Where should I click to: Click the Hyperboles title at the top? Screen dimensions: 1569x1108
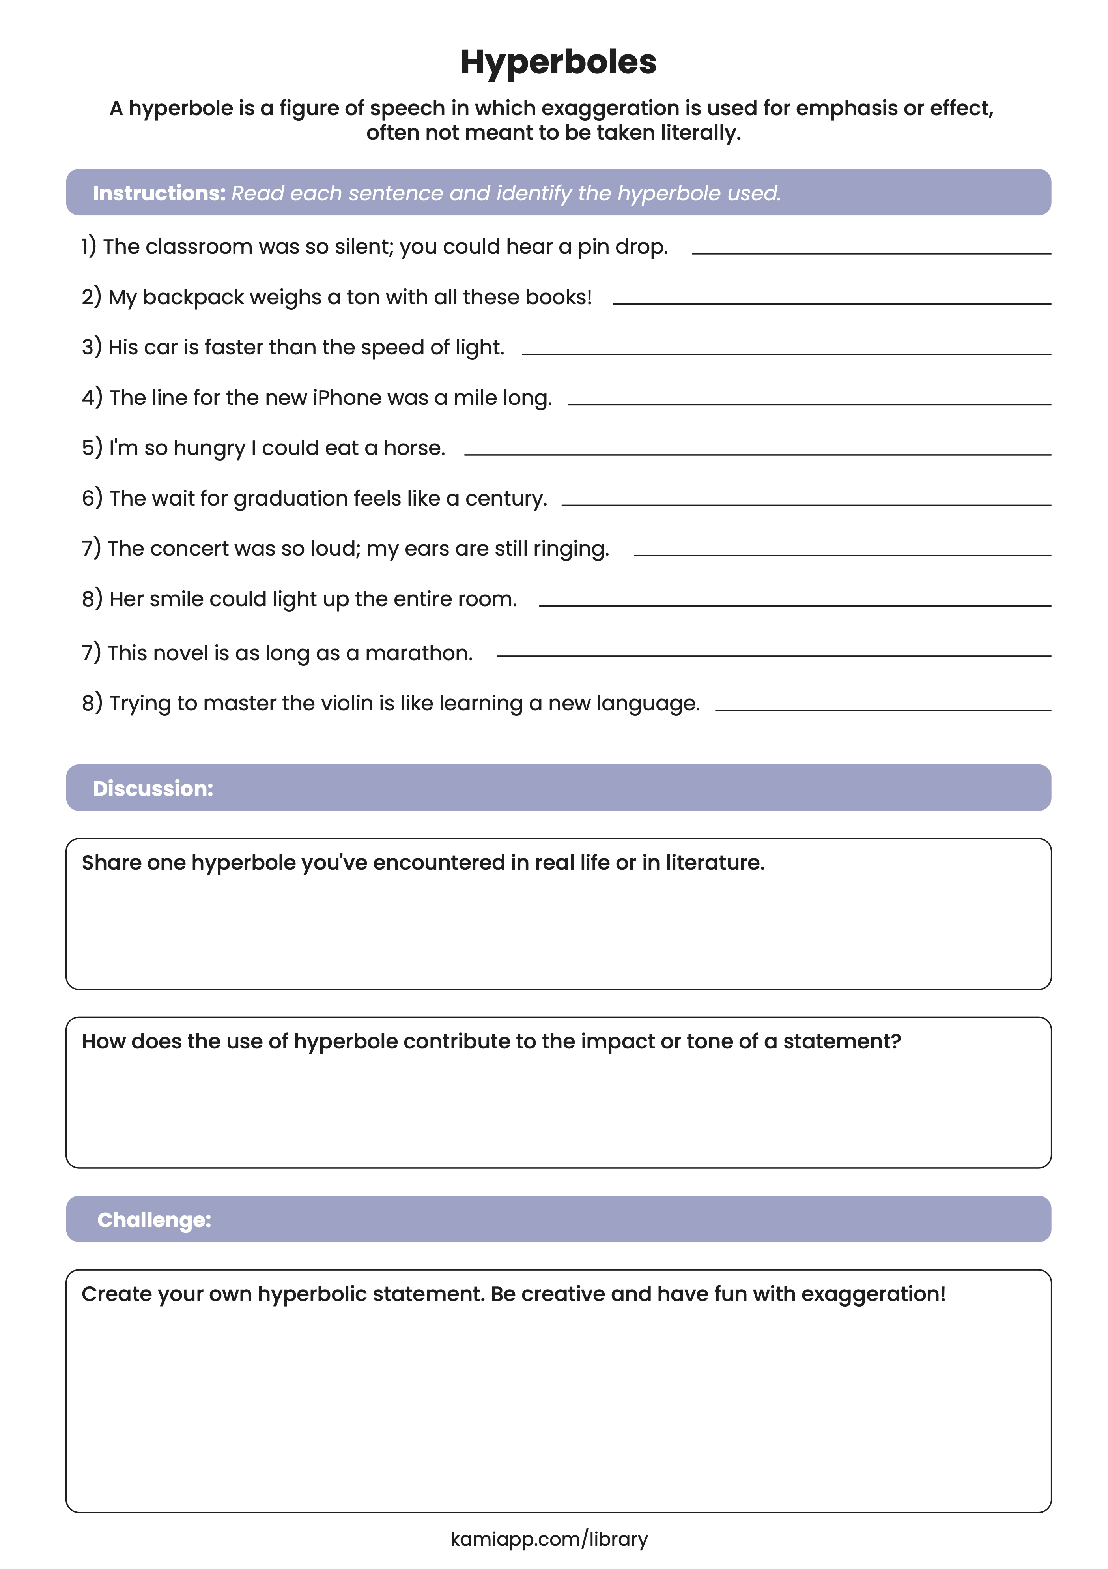558,62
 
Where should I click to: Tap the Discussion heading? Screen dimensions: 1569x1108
153,788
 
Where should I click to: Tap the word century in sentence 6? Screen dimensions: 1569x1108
506,499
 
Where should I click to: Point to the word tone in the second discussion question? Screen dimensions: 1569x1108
710,1041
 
